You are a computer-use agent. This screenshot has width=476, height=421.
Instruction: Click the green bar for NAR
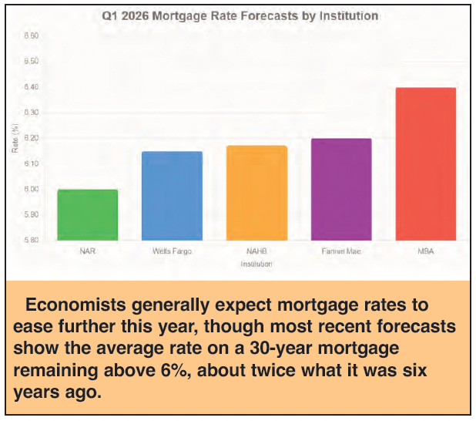[x=87, y=215]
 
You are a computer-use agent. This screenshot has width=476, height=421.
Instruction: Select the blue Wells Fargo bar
[x=172, y=196]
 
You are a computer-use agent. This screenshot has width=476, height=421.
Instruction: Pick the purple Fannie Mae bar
[x=340, y=190]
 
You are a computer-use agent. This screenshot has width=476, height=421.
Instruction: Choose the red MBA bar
[x=425, y=163]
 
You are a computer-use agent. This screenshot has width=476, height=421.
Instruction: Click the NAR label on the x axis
[x=87, y=251]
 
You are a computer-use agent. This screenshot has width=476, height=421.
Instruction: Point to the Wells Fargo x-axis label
[x=172, y=251]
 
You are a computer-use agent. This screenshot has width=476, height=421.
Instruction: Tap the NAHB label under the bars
[x=256, y=251]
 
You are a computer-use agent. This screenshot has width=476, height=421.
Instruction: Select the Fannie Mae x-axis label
[x=340, y=251]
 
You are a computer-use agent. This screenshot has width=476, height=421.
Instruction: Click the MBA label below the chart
[x=425, y=251]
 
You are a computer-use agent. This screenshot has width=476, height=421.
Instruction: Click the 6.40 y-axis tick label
[x=31, y=87]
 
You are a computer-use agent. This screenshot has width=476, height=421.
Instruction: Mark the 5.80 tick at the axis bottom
[x=31, y=241]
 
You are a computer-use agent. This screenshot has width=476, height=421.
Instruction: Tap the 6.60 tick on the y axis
[x=31, y=36]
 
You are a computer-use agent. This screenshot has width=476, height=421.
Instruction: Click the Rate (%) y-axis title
[x=15, y=139]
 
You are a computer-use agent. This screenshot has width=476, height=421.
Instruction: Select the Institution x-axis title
[x=256, y=264]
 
